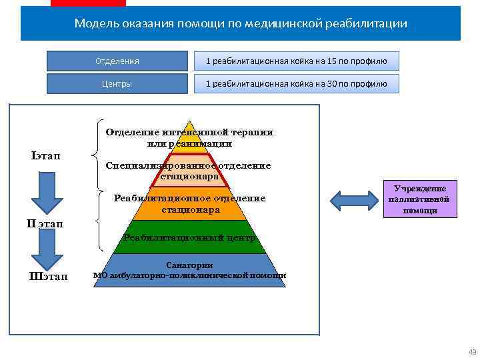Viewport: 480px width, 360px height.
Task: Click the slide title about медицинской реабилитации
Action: click(241, 24)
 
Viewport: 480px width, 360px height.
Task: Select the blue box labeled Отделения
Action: click(117, 61)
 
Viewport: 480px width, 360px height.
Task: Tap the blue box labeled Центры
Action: click(117, 84)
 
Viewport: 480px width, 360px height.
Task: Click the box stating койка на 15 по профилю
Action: click(297, 61)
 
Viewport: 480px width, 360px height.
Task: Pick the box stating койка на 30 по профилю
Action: click(297, 84)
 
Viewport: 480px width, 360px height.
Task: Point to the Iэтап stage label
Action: click(45, 156)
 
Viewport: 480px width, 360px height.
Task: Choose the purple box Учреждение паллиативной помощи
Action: click(419, 199)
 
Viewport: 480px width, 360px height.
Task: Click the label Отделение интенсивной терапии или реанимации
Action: click(189, 137)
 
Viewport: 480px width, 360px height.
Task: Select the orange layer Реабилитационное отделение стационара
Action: click(190, 204)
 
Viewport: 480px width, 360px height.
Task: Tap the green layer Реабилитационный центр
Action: click(190, 238)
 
